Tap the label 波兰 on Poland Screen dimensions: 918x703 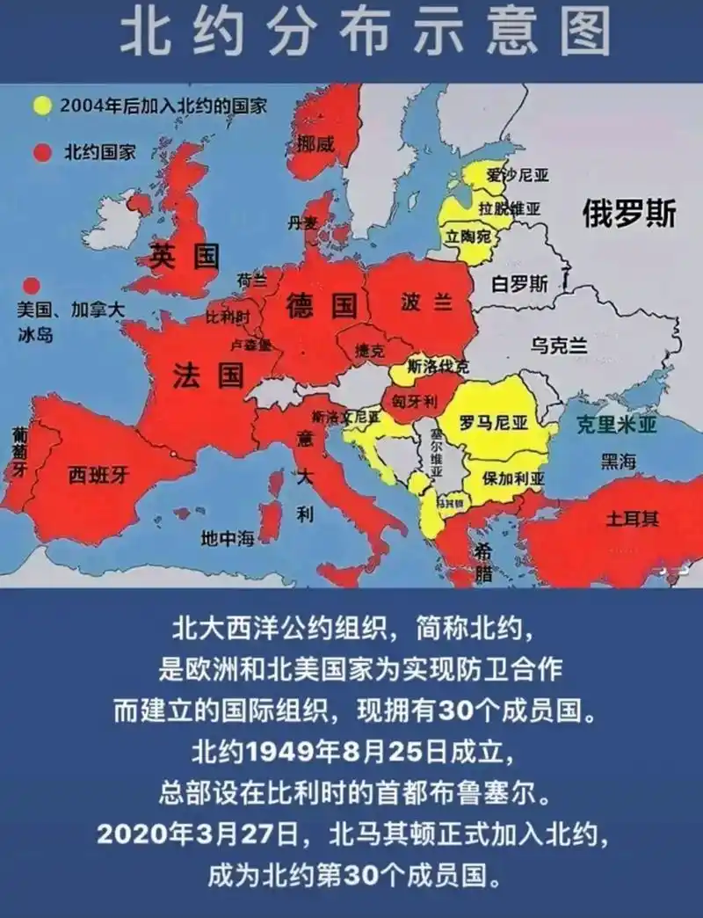tap(426, 302)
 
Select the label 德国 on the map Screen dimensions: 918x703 tap(321, 306)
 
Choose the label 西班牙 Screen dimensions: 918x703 tap(99, 475)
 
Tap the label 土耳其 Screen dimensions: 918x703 tap(631, 518)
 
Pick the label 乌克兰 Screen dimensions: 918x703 tap(559, 346)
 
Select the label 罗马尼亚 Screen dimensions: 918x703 tap(494, 423)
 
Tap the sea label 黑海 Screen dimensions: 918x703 tap(620, 461)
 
